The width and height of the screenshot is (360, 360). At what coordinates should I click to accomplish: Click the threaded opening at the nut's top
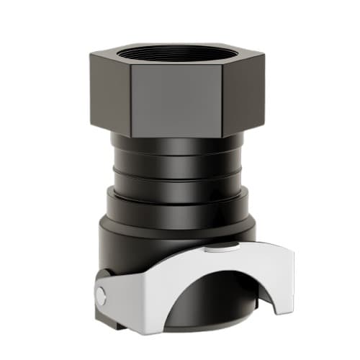coord(176,51)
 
